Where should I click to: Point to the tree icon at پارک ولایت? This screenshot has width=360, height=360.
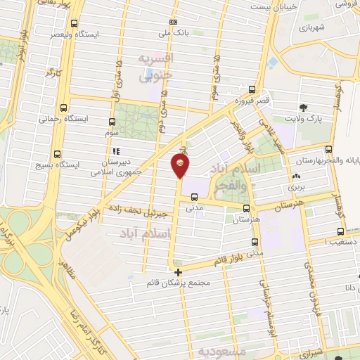(x=303, y=108)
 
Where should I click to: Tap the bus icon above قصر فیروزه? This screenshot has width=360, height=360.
(x=252, y=90)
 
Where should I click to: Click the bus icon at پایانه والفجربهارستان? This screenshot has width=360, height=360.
(x=328, y=148)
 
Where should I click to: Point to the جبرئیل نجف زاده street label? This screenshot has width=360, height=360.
(x=136, y=210)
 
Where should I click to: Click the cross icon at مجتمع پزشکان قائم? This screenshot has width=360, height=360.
(x=178, y=271)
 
